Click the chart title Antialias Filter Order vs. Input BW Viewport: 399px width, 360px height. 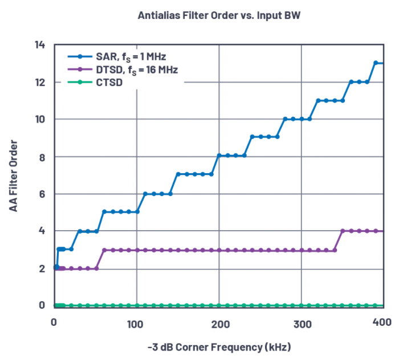point(219,15)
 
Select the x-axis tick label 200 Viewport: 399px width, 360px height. point(219,324)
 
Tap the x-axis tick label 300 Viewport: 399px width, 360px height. point(302,324)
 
